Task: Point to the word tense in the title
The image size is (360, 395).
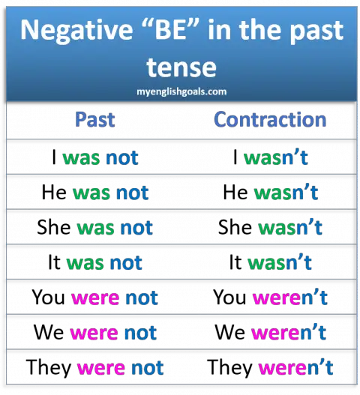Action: (x=181, y=67)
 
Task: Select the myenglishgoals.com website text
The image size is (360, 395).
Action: (x=180, y=91)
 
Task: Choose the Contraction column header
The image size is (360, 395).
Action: (x=270, y=119)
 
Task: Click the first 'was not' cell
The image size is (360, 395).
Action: (x=100, y=158)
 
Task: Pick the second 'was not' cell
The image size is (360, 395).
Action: (x=110, y=193)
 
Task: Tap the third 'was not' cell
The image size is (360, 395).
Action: (x=115, y=227)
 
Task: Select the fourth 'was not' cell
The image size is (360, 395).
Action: (x=104, y=262)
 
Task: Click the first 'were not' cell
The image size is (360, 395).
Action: (x=114, y=298)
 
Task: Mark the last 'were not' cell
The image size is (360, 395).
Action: (x=120, y=368)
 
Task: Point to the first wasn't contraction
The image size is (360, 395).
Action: (x=276, y=158)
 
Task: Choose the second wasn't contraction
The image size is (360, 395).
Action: (x=286, y=193)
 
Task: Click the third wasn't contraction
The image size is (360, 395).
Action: (x=290, y=227)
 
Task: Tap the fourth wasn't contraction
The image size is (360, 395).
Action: (x=279, y=262)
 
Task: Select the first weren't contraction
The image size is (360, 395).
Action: (x=290, y=298)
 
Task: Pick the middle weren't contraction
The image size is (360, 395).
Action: (x=289, y=332)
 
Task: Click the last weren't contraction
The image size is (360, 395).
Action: (x=295, y=368)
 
